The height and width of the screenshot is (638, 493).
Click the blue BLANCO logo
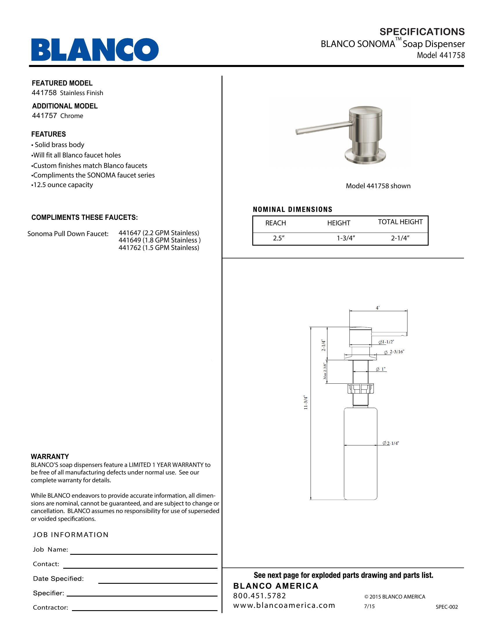tap(95, 49)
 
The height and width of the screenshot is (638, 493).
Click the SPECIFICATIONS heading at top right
tap(422, 32)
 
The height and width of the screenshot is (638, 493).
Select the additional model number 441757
tap(44, 116)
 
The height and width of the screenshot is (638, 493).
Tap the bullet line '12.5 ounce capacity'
tap(63, 185)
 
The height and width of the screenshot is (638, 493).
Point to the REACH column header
tap(275, 223)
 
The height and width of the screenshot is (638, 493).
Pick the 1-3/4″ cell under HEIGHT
tap(345, 238)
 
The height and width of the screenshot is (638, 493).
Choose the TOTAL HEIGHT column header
tap(400, 222)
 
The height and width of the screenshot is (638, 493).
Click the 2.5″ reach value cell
tap(279, 238)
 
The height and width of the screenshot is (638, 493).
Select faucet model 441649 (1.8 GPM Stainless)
tap(159, 240)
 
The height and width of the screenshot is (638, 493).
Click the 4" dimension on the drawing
tap(378, 308)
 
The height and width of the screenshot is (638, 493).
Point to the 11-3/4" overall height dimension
tap(306, 402)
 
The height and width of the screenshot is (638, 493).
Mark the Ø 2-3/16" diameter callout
tap(394, 352)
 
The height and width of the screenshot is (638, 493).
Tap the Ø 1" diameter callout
tap(381, 369)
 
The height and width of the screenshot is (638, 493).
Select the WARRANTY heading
tap(50, 456)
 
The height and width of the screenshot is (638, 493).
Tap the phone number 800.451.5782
tap(259, 596)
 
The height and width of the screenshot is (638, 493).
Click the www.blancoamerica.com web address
tap(284, 606)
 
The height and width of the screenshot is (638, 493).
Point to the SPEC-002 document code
tap(447, 607)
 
